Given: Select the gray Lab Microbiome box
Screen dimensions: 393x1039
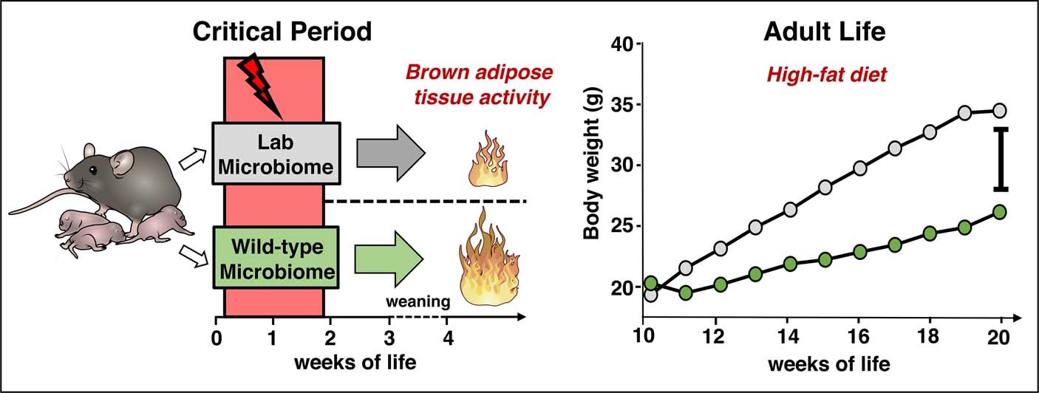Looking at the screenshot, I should coord(276,154).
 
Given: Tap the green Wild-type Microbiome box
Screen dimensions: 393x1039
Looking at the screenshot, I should coord(276,258).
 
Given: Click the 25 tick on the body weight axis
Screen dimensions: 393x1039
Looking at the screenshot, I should coord(624,226).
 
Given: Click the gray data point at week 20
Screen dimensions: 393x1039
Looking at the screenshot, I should coord(1000,111).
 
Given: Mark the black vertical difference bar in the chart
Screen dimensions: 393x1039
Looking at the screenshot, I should coord(1001,159).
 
